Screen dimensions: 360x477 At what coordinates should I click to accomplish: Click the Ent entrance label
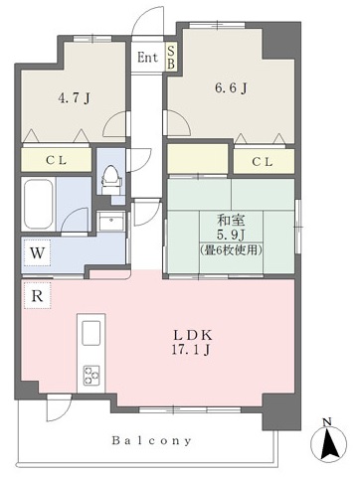(x=147, y=58)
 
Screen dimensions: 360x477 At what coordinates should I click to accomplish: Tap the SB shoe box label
(x=171, y=57)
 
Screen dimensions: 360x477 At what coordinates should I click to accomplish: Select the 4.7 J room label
(x=75, y=98)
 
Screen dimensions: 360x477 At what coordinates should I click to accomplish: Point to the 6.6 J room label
(x=231, y=88)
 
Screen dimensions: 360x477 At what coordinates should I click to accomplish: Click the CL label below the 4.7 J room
(x=57, y=161)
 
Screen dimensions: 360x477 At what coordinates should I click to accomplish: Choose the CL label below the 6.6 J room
(x=263, y=162)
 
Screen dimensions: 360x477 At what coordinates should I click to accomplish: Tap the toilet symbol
(x=111, y=180)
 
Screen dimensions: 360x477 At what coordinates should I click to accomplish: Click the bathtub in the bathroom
(x=39, y=204)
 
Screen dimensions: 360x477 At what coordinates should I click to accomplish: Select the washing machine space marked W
(x=37, y=253)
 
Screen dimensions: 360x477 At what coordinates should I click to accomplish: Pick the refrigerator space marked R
(x=37, y=296)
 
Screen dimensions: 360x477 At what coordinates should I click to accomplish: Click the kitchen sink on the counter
(x=91, y=333)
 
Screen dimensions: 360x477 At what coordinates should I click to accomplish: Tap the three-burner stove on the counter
(x=91, y=375)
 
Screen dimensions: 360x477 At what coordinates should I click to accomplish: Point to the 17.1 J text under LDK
(x=190, y=350)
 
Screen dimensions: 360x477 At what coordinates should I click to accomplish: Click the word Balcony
(x=152, y=441)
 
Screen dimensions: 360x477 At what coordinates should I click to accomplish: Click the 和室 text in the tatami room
(x=231, y=220)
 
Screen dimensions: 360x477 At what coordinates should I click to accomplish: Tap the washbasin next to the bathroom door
(x=112, y=221)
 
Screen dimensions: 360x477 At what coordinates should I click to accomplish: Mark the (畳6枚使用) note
(x=231, y=249)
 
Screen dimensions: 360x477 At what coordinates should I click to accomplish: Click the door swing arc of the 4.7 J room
(x=109, y=121)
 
